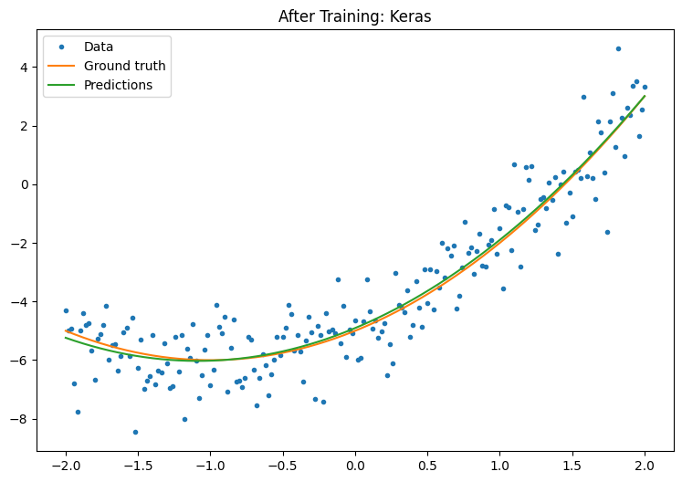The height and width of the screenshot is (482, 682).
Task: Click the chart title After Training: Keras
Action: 354,16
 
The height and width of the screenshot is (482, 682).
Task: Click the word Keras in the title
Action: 412,16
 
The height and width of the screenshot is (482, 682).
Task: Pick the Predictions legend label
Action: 118,86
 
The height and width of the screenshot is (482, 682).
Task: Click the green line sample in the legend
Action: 63,86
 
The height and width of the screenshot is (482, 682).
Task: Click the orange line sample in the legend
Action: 63,66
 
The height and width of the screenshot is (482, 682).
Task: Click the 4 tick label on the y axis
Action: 26,67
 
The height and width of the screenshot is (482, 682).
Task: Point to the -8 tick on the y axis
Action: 22,419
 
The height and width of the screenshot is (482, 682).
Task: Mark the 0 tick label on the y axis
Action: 26,184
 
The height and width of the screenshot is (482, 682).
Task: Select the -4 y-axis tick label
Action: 22,301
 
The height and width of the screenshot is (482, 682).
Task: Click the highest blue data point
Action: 618,48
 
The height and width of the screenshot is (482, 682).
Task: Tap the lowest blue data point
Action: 135,432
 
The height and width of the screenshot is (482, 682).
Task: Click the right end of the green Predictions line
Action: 645,96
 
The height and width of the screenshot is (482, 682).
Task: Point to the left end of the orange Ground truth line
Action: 66,330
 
